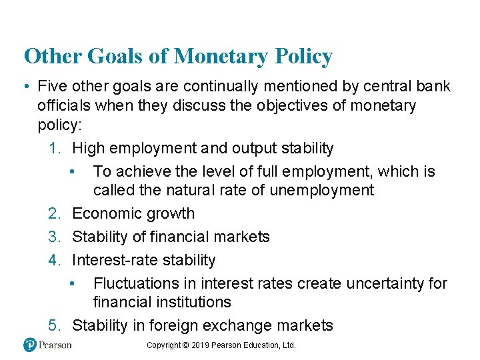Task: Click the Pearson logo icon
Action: (29, 345)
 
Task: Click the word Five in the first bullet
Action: (52, 87)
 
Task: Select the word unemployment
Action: (322, 191)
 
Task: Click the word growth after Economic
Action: (172, 214)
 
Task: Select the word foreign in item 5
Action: (190, 325)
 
